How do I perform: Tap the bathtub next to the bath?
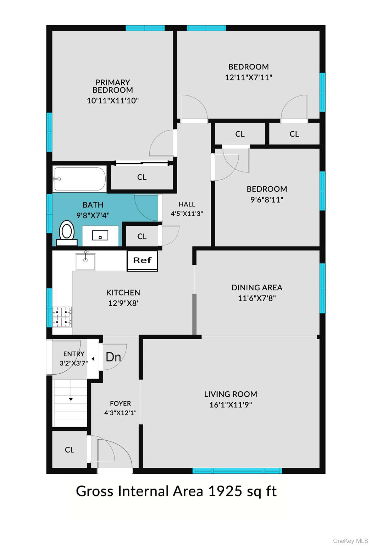pos(80,179)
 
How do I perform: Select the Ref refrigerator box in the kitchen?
pos(142,261)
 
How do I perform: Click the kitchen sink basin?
pos(85,262)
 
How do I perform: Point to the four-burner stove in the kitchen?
pos(62,317)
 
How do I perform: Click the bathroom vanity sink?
pos(100,235)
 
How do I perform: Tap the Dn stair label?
pos(113,357)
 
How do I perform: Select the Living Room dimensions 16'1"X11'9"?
pos(231,404)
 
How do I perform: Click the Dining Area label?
pos(257,287)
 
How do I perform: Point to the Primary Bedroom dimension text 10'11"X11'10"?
pos(113,100)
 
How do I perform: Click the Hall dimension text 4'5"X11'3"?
pos(187,214)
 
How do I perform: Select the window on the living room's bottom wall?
pos(237,470)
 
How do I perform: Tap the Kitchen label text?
pos(123,292)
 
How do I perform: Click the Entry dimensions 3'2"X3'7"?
pos(74,363)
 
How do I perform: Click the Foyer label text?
pos(121,403)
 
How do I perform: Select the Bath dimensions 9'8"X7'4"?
pos(93,215)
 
